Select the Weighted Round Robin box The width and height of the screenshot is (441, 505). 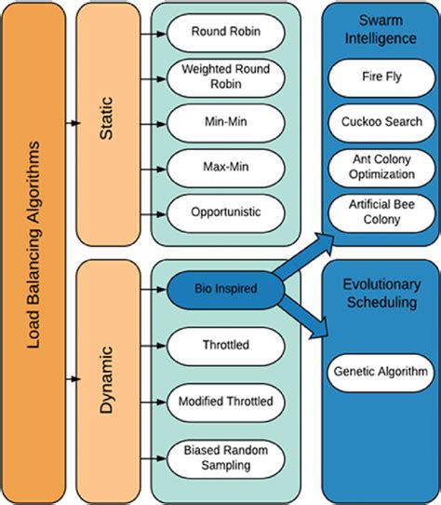pyautogui.click(x=224, y=76)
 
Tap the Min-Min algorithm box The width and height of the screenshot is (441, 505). pyautogui.click(x=224, y=122)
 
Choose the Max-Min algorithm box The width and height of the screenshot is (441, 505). pyautogui.click(x=224, y=168)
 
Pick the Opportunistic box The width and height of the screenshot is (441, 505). pyautogui.click(x=224, y=212)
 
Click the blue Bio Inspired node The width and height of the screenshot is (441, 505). pyautogui.click(x=224, y=288)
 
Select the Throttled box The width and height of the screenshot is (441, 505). pyautogui.click(x=224, y=345)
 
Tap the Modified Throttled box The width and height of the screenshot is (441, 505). pyautogui.click(x=224, y=401)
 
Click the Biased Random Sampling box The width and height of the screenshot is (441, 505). pyautogui.click(x=224, y=456)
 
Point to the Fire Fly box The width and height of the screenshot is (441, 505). pyautogui.click(x=380, y=77)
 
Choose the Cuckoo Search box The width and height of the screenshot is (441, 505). pyautogui.click(x=380, y=122)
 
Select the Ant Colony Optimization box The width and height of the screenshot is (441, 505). pyautogui.click(x=380, y=167)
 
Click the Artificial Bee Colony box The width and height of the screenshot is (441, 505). pyautogui.click(x=380, y=212)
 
